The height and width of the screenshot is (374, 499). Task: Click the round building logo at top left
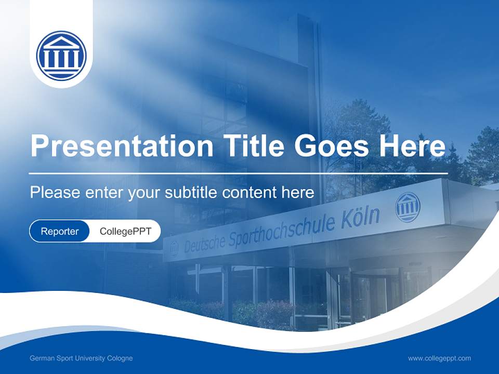61,56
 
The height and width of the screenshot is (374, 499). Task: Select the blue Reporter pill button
60,231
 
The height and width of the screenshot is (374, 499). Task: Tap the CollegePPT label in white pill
125,231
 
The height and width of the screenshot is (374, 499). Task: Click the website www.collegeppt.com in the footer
439,358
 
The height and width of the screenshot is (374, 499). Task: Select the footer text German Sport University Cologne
81,358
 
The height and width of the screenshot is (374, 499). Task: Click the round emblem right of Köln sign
407,207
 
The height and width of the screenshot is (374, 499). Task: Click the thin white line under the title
238,173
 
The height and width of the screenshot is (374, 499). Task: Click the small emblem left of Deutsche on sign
174,248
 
